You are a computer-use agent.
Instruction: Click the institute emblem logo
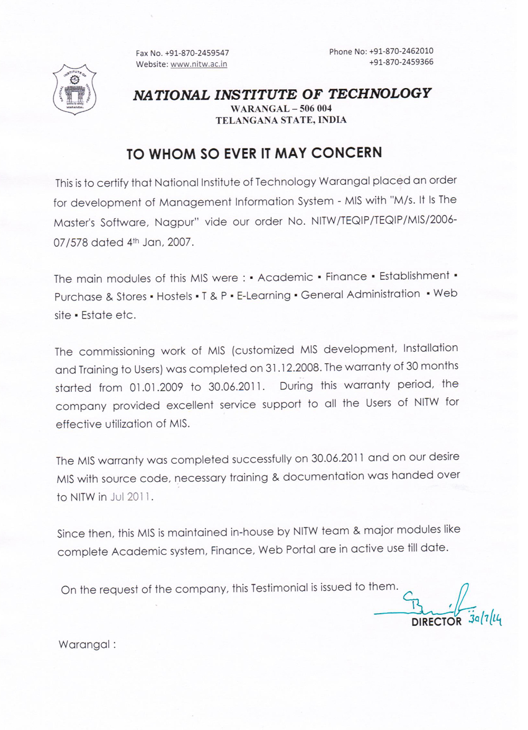pos(74,89)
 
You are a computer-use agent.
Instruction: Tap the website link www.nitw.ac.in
pos(199,64)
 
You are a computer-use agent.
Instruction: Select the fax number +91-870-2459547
pos(197,53)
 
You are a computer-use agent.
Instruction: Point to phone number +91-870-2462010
pos(401,51)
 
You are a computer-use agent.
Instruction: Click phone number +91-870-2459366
pos(401,62)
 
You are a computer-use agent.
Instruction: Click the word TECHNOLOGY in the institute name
pos(380,94)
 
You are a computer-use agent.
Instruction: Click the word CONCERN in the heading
pos(346,153)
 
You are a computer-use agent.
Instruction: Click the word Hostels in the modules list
pos(174,296)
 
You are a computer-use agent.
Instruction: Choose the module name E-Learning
pos(263,295)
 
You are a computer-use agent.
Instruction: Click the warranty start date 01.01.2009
pos(156,387)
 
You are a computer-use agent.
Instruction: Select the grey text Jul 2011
pos(130,497)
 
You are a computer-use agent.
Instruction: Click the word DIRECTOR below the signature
pos(436,622)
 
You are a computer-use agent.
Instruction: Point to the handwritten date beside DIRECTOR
pos(485,619)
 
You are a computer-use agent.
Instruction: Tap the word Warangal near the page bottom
pos(84,644)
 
